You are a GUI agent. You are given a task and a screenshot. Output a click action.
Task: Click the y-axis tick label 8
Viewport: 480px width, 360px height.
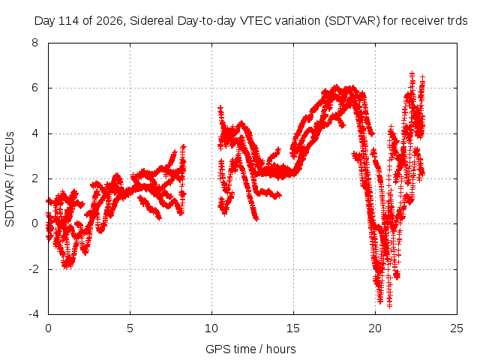point(34,43)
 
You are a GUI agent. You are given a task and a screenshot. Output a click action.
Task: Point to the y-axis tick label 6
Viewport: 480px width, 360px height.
point(34,88)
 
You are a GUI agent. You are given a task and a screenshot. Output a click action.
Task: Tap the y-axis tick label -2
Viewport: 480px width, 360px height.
point(33,269)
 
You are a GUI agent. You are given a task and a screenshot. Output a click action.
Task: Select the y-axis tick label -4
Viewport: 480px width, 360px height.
point(33,314)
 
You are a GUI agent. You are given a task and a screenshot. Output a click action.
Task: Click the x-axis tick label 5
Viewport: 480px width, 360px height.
point(130,328)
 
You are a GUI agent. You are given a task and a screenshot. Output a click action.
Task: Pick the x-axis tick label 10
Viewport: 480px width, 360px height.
point(211,328)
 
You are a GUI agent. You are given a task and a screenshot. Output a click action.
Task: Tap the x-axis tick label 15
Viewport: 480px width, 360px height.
point(293,328)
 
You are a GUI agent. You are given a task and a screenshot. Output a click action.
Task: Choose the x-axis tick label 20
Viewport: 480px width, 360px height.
point(375,328)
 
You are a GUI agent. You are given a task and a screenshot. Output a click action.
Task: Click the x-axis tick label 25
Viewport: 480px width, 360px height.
point(457,328)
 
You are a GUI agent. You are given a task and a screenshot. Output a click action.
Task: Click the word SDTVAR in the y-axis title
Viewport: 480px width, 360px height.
point(10,203)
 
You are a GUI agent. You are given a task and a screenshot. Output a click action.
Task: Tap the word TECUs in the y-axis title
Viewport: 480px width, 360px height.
point(10,150)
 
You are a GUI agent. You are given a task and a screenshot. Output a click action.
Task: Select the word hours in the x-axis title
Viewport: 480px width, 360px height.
point(281,349)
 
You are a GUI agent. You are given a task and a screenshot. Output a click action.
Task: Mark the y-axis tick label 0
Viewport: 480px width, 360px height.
point(34,223)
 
